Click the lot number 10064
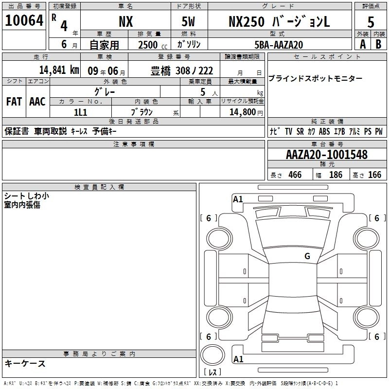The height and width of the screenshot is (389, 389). coord(24,20)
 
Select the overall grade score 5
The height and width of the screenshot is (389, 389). coord(371,22)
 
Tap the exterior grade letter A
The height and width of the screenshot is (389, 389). coord(363,44)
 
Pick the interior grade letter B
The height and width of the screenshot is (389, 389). coord(378,44)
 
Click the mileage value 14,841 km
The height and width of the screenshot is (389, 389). coord(59,70)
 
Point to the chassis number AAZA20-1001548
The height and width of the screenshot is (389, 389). coord(327,155)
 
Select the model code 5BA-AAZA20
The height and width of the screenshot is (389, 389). coord(279,45)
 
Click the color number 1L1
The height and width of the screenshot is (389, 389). coord(80,112)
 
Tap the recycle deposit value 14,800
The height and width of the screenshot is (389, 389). coord(242,112)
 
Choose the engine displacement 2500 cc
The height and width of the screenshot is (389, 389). coord(153,45)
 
